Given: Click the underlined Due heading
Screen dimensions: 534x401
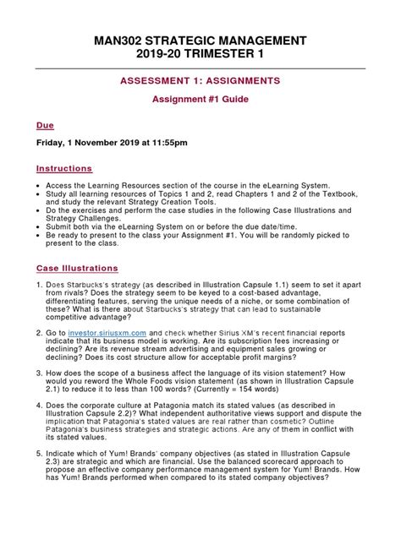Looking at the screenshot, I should coord(45,124).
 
